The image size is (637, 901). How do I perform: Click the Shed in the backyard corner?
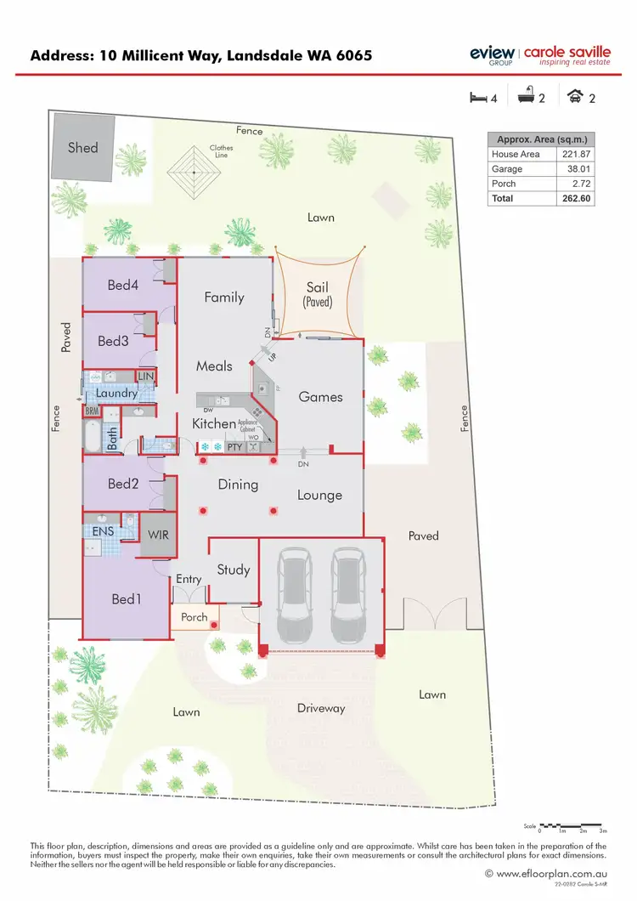[82, 147]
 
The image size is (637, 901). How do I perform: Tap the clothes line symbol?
[194, 172]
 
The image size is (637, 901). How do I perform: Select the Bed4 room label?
[123, 286]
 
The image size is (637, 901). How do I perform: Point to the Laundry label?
[116, 394]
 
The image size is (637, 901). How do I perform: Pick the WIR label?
[158, 535]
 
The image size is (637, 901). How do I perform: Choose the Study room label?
[233, 569]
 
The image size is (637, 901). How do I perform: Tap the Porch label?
[194, 617]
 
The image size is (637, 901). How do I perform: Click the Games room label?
[320, 397]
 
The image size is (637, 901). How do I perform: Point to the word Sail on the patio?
[317, 288]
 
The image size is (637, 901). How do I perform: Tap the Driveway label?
[321, 708]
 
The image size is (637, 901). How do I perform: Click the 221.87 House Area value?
[576, 155]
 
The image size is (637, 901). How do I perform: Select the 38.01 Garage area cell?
[576, 169]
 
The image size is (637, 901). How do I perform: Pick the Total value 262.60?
[576, 198]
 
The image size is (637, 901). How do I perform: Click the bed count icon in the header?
[477, 98]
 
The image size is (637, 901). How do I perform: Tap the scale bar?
[575, 825]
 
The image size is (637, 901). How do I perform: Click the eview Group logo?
[492, 54]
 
